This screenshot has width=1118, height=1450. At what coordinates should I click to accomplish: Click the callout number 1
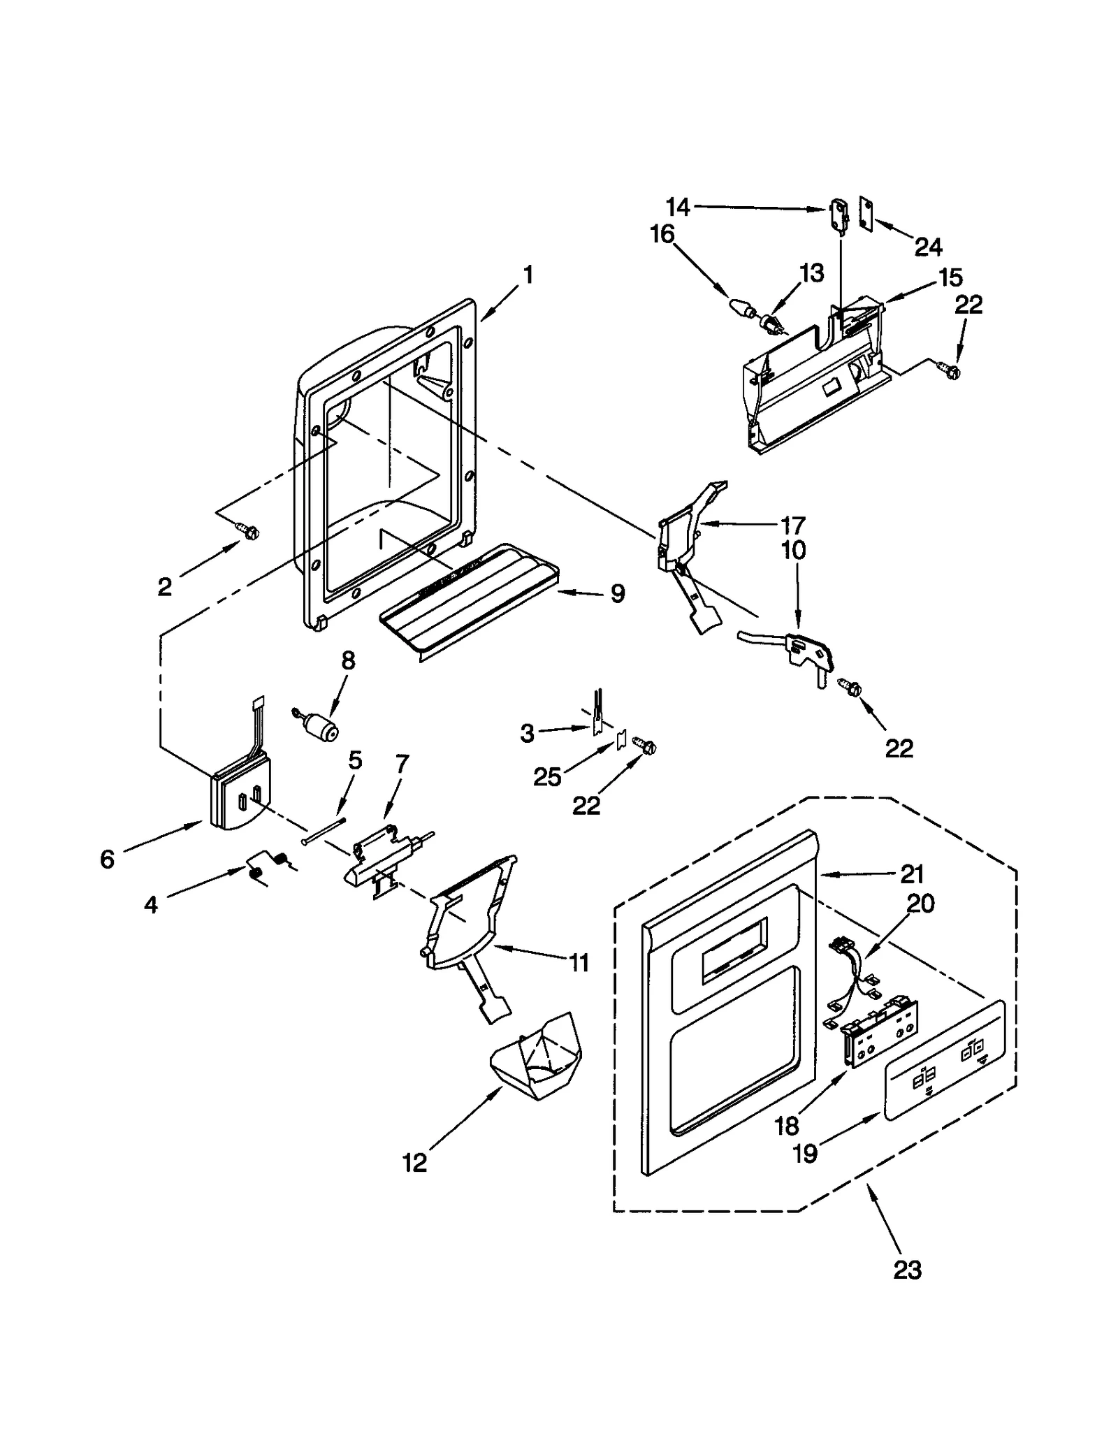pyautogui.click(x=528, y=275)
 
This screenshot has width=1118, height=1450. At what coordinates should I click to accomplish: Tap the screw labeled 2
pyautogui.click(x=248, y=532)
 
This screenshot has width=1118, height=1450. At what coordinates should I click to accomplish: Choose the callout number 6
pyautogui.click(x=107, y=859)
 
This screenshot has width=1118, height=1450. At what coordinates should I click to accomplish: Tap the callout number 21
pyautogui.click(x=912, y=873)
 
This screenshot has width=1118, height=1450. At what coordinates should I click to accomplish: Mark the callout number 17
pyautogui.click(x=793, y=524)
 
